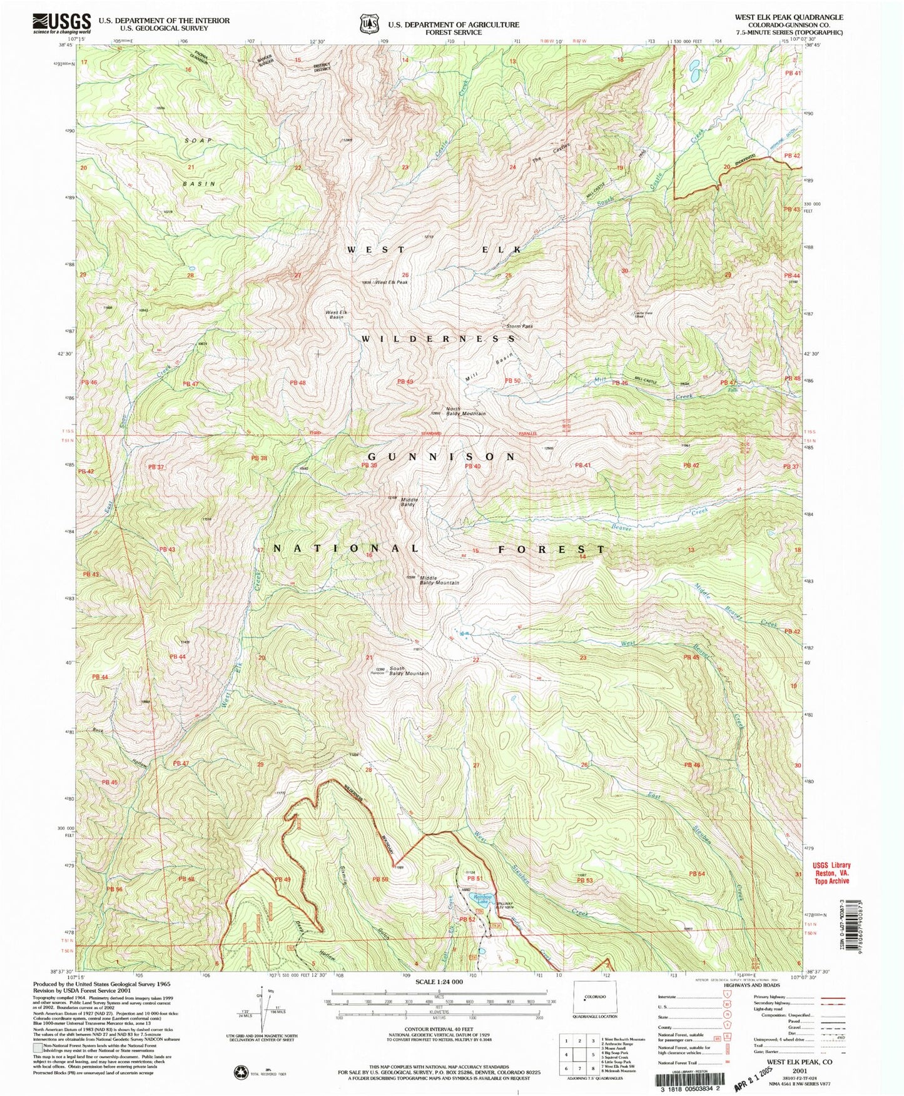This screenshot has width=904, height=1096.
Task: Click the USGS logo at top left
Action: [x=61, y=24]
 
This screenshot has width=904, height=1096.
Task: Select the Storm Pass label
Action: [x=519, y=326]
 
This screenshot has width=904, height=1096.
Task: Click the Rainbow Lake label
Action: [x=481, y=901]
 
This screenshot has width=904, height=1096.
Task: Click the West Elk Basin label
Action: [x=336, y=314]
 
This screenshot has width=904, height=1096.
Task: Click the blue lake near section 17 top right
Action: [x=695, y=72]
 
